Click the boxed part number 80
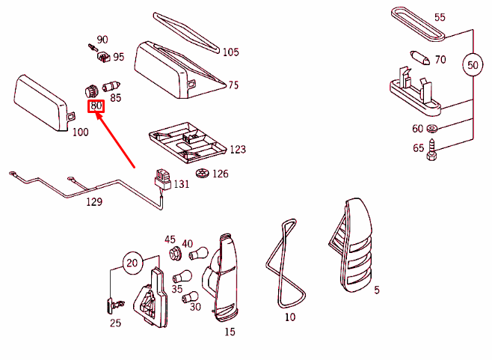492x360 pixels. [x=96, y=106]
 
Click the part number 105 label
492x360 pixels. [x=231, y=52]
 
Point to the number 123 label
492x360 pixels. [x=237, y=150]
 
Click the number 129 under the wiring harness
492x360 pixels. [x=93, y=202]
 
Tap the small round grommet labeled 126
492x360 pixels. [x=202, y=174]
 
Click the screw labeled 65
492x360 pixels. [x=431, y=153]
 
